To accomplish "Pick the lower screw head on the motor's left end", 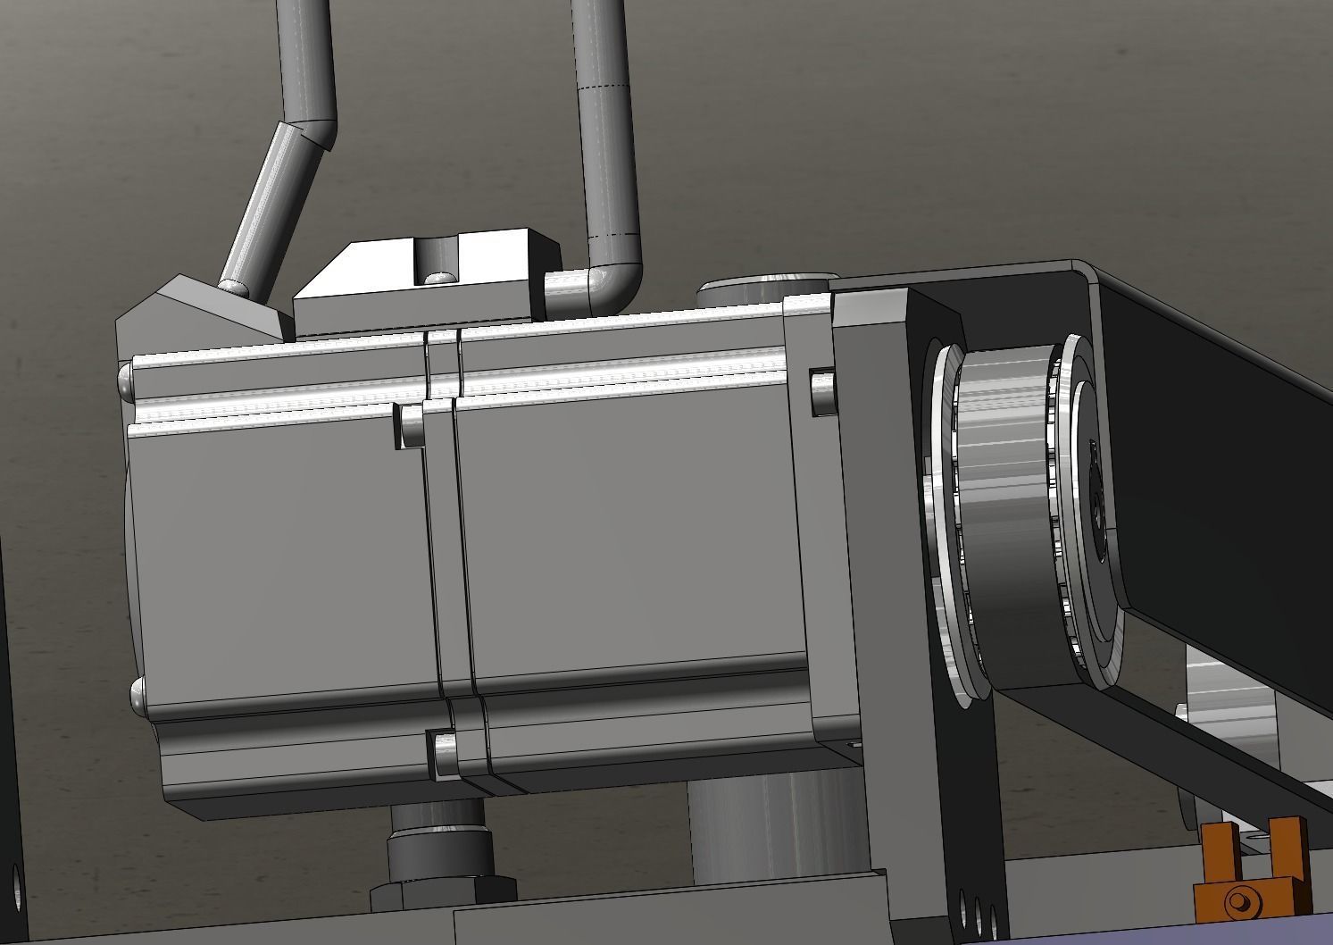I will tap(138, 696).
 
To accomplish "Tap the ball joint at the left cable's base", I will tap(233, 287).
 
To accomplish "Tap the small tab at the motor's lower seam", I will tap(441, 751).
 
